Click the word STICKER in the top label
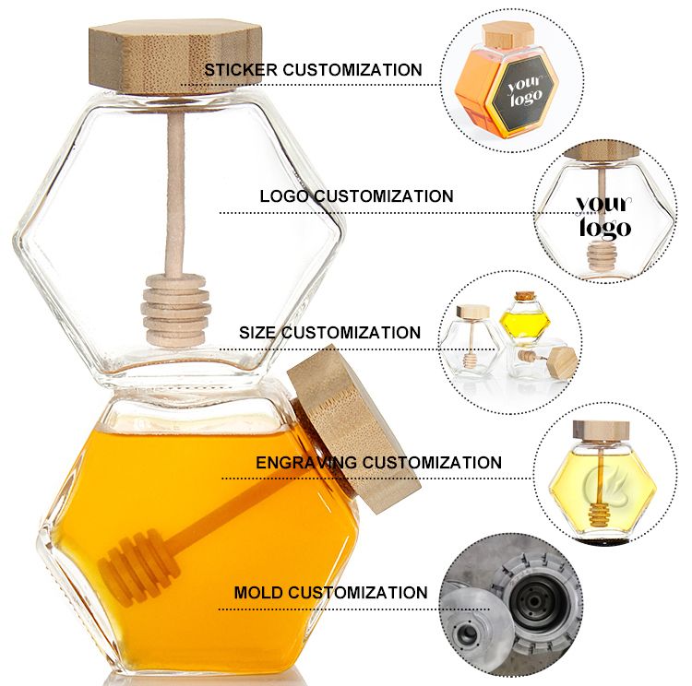pos(241,70)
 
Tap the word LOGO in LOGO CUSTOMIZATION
pos(284,196)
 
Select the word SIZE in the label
pos(257,333)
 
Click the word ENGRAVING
pos(306,462)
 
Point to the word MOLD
pos(259,592)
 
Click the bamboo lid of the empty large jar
pos(175,56)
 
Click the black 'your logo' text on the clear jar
pos(603,216)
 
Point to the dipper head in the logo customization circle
pos(599,256)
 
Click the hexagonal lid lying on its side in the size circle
pos(562,361)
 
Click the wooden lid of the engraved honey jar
pos(601,431)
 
